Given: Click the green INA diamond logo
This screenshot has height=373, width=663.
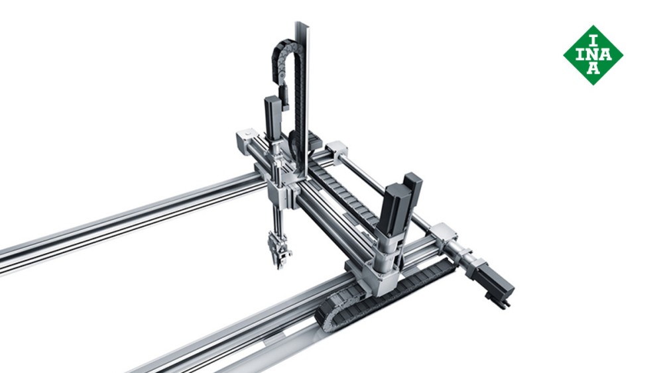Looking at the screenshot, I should [593, 54].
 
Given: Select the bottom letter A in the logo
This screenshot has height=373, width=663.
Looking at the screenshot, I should [593, 70].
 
